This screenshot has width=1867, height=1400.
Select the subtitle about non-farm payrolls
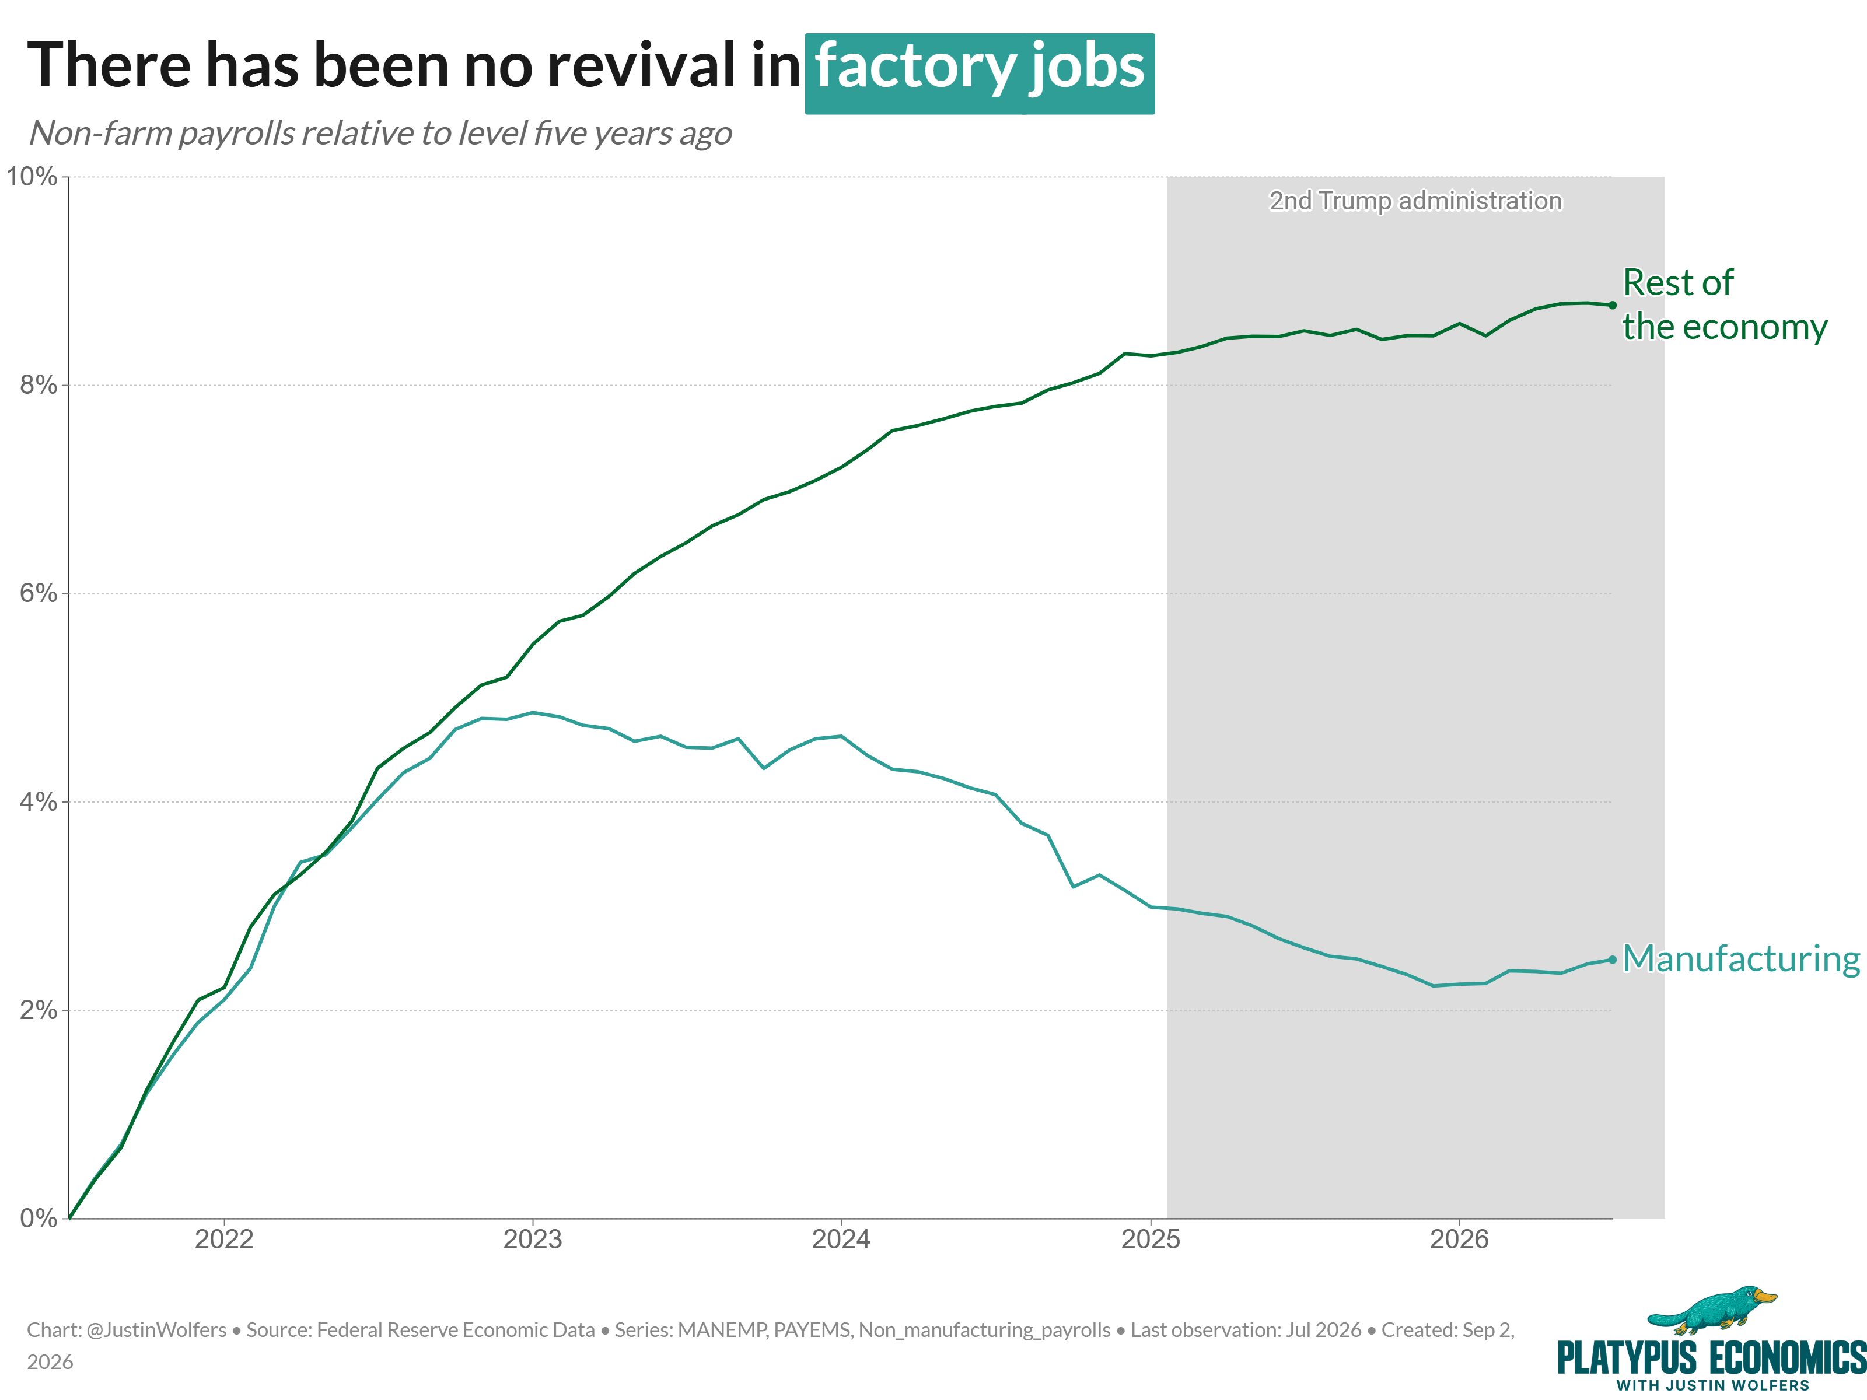(x=380, y=134)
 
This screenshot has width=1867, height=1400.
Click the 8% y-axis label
(x=38, y=385)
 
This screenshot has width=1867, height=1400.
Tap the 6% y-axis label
(x=38, y=593)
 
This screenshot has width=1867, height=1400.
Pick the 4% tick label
(x=38, y=801)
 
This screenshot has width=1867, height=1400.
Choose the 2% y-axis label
(x=38, y=1010)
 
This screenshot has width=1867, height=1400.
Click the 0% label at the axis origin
(x=38, y=1218)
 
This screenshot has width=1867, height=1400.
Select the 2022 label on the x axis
(x=223, y=1239)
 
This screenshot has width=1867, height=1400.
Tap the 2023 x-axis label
(x=533, y=1239)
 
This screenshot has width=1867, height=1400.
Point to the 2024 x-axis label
(x=841, y=1239)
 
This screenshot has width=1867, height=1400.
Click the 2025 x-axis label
(x=1151, y=1239)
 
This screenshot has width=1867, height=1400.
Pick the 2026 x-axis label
(x=1459, y=1239)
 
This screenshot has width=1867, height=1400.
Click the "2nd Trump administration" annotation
(x=1415, y=201)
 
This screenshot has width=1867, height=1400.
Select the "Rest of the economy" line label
(x=1725, y=304)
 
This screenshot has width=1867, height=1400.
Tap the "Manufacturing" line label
(x=1741, y=960)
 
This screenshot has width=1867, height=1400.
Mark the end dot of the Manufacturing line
(x=1612, y=960)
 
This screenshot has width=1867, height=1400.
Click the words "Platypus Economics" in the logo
(x=1712, y=1359)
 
